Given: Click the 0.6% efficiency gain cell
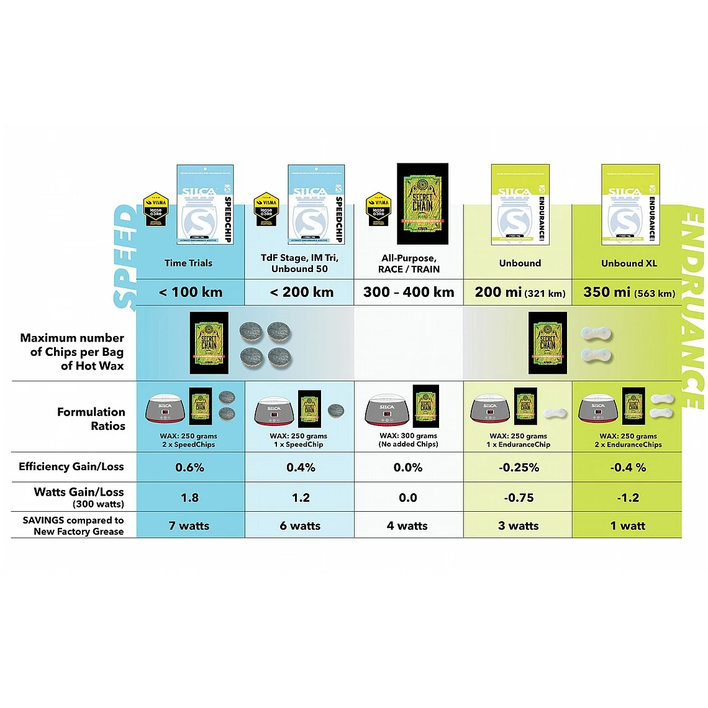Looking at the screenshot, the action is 189,468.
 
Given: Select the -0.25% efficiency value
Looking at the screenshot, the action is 519,468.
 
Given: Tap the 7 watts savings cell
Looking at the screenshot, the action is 189,526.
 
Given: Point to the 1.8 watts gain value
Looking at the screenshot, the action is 189,497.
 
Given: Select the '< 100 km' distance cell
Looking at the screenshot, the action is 190,292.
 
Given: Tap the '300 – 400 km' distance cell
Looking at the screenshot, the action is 409,292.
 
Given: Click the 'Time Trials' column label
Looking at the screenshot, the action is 188,263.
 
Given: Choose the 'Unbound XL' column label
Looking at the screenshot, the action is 629,263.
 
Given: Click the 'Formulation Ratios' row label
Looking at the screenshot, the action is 91,419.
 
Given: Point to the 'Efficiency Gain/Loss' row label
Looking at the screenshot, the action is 71,467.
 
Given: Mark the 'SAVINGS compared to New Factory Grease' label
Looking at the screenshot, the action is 73,525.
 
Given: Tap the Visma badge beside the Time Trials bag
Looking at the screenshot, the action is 156,209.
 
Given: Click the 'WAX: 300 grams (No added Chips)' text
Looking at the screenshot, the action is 409,440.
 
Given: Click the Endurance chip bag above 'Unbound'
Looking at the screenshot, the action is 520,204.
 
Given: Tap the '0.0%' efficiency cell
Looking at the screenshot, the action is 408,468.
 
